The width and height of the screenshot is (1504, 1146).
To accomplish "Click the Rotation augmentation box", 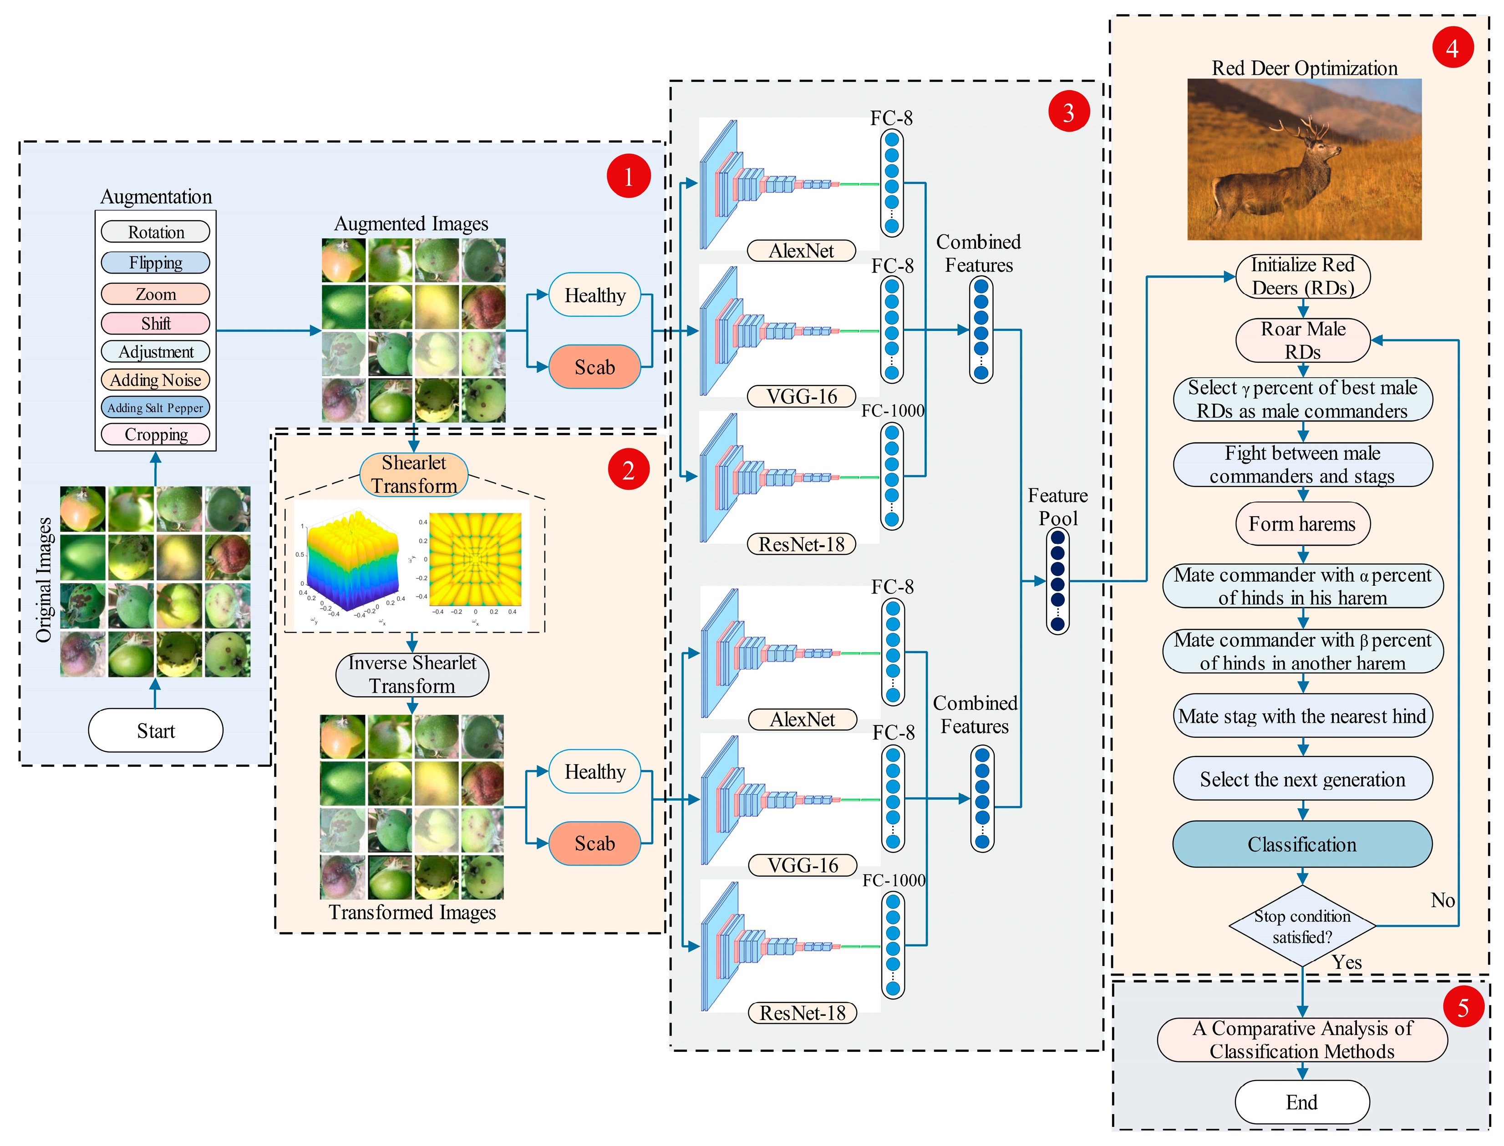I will click(156, 232).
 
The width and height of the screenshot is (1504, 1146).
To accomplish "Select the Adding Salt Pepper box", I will click(156, 408).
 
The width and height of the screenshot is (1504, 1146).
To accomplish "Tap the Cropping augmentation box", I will click(156, 435).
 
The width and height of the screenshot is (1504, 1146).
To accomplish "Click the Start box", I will click(156, 730).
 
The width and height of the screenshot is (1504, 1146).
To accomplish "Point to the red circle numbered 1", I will click(628, 177).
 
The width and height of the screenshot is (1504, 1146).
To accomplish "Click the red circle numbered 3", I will click(1068, 112).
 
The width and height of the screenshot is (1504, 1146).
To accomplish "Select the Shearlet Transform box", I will click(413, 474).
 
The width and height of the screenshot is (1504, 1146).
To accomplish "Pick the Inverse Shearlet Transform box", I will click(412, 674).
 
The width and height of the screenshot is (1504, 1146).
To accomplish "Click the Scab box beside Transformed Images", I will click(594, 843).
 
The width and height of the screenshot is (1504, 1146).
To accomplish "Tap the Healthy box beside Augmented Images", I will click(594, 295).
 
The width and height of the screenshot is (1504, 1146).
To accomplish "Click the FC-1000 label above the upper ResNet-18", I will click(892, 411).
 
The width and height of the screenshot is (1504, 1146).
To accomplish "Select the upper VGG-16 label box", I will click(802, 396).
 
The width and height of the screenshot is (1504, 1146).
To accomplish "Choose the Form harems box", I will click(1301, 524).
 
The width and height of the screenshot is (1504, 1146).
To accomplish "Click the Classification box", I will click(1301, 845).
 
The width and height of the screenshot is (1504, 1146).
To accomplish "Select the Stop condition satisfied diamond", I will click(1301, 926).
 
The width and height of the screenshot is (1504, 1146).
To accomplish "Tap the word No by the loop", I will click(1442, 900).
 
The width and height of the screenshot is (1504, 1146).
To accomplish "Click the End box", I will click(1301, 1102).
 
